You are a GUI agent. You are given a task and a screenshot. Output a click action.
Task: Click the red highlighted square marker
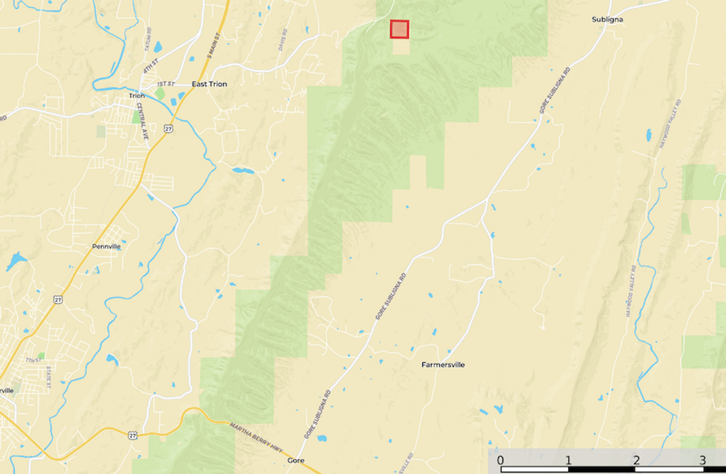tap(399, 29)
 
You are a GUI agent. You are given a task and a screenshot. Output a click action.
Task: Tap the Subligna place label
tap(607, 20)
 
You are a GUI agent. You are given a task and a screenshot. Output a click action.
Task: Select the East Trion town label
tap(209, 84)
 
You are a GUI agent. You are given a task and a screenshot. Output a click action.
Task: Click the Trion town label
tap(136, 96)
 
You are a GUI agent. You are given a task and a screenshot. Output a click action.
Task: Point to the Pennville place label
tap(106, 246)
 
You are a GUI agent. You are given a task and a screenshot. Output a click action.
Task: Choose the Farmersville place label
tap(443, 365)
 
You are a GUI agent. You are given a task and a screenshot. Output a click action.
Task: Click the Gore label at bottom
tap(296, 460)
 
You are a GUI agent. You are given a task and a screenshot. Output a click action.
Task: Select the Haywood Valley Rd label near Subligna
tap(670, 128)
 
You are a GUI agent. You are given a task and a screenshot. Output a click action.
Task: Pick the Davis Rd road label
tap(283, 40)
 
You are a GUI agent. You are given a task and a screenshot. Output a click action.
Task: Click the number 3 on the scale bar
tap(703, 460)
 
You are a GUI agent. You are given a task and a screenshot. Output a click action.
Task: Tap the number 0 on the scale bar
tap(501, 460)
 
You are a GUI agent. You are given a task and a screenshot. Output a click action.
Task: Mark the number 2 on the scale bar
tap(636, 460)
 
